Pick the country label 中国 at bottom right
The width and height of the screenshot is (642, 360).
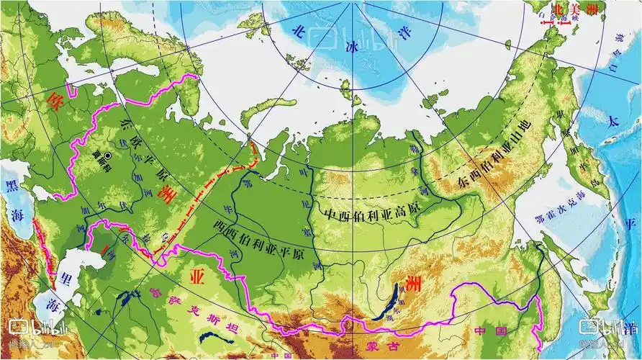(492, 330)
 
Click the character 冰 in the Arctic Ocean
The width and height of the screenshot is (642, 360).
(352, 47)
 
